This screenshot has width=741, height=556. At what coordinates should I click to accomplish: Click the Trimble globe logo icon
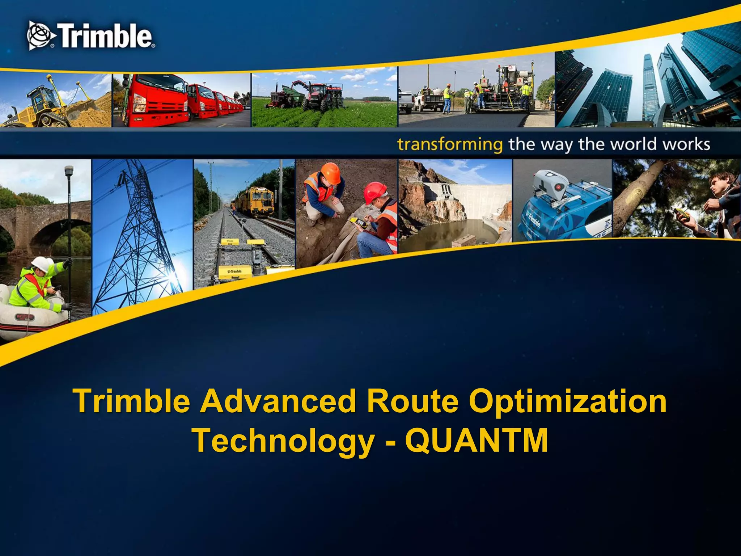pyautogui.click(x=41, y=35)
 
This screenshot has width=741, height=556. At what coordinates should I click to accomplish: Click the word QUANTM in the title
pyautogui.click(x=476, y=440)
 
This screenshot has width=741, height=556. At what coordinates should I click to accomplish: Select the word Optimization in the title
pyautogui.click(x=567, y=401)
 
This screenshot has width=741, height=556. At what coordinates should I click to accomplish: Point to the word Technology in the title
pyautogui.click(x=283, y=440)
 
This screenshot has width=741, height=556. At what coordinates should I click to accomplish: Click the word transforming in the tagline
pyautogui.click(x=450, y=144)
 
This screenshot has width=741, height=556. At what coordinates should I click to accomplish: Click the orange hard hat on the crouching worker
pyautogui.click(x=330, y=173)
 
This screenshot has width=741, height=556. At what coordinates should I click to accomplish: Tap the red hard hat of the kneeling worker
pyautogui.click(x=375, y=192)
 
